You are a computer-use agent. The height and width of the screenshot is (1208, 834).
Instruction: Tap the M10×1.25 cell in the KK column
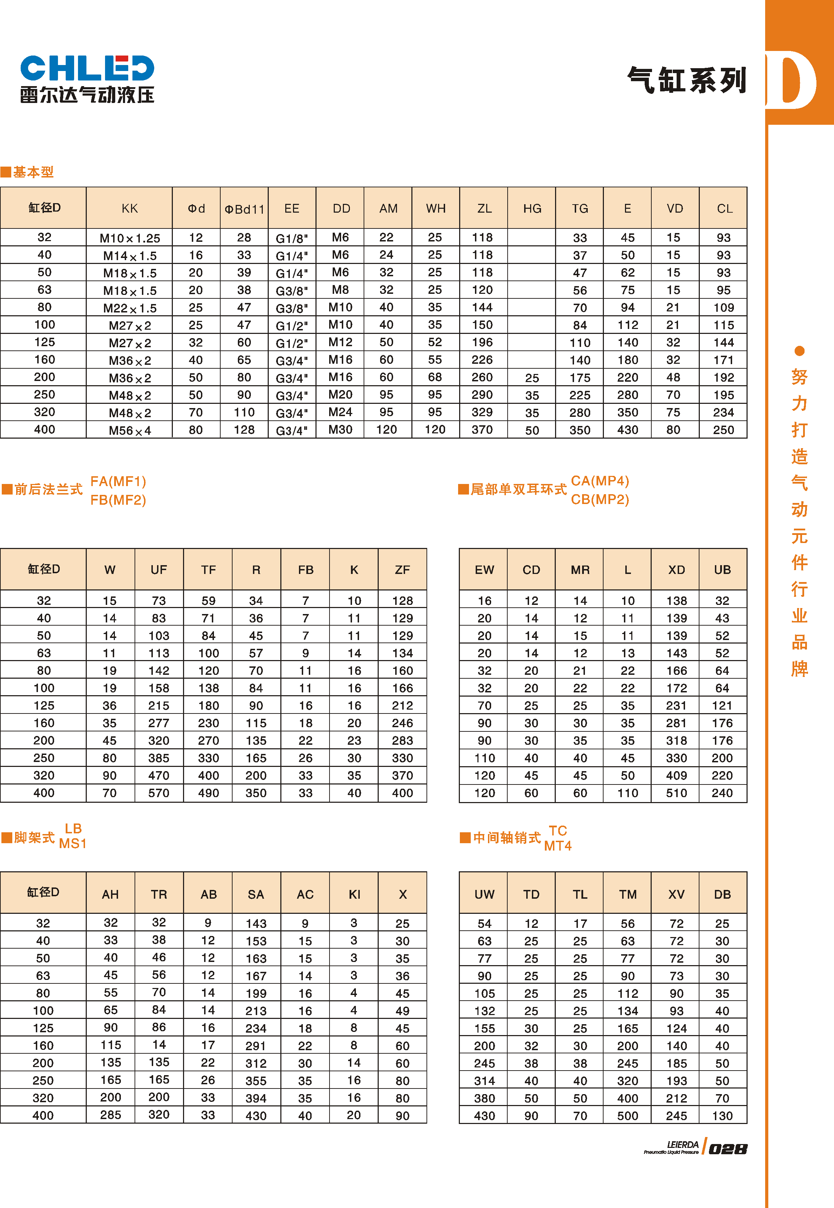(x=130, y=238)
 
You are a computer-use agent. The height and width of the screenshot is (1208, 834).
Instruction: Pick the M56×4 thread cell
(x=130, y=431)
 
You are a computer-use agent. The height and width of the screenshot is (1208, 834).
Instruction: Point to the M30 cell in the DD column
(x=340, y=430)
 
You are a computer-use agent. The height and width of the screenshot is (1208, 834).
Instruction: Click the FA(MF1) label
(x=118, y=482)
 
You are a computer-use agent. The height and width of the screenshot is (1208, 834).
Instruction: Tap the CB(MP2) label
(x=600, y=500)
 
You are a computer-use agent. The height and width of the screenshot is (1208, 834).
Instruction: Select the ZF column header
(x=402, y=570)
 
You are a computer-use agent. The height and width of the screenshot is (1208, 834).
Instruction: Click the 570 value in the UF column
(x=159, y=793)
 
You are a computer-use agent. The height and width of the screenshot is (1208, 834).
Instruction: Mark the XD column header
(x=676, y=570)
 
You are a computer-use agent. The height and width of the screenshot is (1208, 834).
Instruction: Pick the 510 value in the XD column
(x=676, y=793)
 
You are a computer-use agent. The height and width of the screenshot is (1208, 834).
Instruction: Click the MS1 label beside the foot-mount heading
(x=73, y=844)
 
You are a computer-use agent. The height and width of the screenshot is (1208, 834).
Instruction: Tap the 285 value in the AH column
(x=111, y=1115)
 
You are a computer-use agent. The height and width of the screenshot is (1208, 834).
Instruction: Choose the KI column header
(x=354, y=894)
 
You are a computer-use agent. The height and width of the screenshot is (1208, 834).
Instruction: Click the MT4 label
(x=558, y=846)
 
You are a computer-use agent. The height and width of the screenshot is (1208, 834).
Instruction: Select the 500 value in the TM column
(x=627, y=1116)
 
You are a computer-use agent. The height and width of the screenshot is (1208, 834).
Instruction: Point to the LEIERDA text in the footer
(x=683, y=1145)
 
